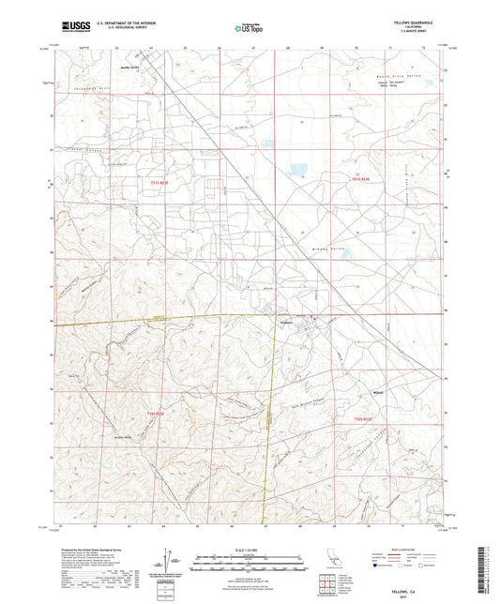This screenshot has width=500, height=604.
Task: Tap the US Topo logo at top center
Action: coord(249,29)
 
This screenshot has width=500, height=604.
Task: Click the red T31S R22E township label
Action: coord(159,181)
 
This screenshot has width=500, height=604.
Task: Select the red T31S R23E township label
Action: coord(362,179)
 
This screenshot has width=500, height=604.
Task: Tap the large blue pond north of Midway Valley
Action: coord(297,170)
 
